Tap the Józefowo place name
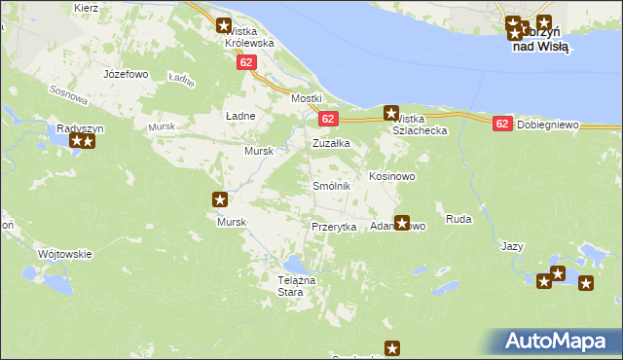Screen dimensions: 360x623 (126, 74)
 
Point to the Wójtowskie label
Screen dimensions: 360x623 (64, 254)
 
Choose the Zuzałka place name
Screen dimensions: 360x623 (331, 143)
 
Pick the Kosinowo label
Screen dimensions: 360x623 (392, 177)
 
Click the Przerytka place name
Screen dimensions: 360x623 (331, 226)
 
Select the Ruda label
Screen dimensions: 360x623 (458, 220)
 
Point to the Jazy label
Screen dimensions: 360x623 (513, 246)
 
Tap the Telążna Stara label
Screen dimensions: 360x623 (291, 286)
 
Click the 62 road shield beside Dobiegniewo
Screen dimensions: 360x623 (501, 125)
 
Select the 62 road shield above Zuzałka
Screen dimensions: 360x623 (327, 119)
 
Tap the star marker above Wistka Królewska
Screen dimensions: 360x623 (225, 26)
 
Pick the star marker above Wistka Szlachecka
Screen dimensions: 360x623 (391, 113)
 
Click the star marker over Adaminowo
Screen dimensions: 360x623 (401, 223)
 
